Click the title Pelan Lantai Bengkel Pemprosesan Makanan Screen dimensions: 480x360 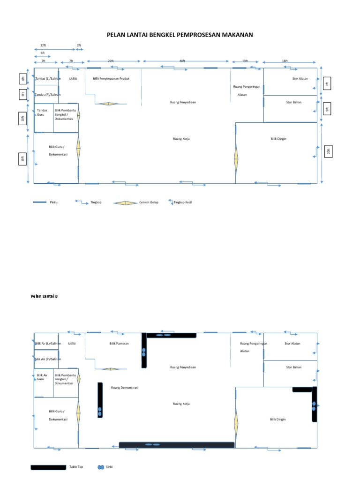tap(180, 35)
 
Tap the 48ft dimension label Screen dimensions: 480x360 tap(182, 61)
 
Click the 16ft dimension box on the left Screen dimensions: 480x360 tap(22, 159)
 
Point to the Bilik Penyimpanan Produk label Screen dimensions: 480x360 tap(111, 78)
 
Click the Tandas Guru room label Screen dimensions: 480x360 tap(42, 112)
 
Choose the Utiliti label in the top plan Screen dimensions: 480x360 tap(73, 78)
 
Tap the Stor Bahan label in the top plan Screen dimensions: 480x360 tap(293, 102)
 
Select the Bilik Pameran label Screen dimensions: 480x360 tap(119, 344)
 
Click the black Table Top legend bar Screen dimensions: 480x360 tap(48, 467)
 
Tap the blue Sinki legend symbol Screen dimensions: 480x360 tap(100, 467)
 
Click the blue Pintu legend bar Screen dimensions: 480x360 tap(39, 202)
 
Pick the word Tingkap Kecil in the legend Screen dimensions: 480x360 tap(183, 202)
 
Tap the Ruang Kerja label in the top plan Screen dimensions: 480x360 tap(181, 139)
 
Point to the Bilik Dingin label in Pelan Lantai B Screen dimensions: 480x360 tap(278, 420)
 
